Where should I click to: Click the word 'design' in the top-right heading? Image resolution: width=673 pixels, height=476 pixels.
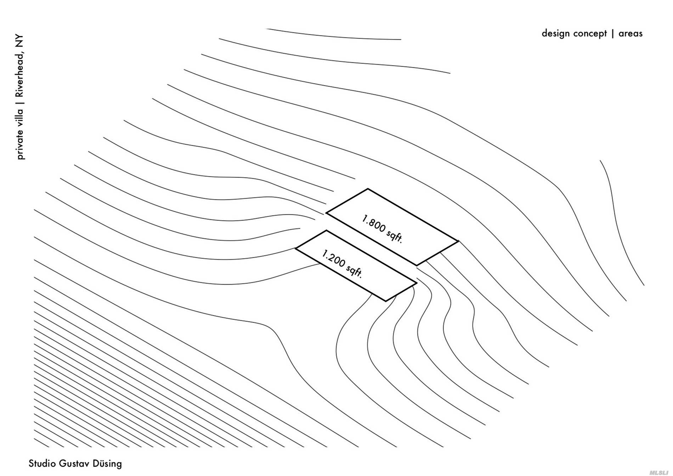pos(556,34)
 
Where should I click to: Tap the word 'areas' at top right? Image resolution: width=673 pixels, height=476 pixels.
pos(630,34)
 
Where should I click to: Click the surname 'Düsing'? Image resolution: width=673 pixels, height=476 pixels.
pos(107,464)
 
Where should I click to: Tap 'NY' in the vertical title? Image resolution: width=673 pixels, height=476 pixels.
pos(19,41)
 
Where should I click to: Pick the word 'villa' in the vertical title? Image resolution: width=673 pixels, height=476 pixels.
pos(19,117)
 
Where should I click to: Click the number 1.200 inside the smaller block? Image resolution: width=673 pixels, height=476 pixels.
pos(333,258)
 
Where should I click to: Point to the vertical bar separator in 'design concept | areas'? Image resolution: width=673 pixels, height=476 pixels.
pos(612,34)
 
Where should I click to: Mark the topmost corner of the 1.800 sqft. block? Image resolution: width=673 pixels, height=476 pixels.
pos(368,189)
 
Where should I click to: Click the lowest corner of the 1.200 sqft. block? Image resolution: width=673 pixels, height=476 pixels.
pos(386,301)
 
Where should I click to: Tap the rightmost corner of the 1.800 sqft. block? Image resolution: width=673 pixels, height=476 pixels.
pos(458,241)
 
